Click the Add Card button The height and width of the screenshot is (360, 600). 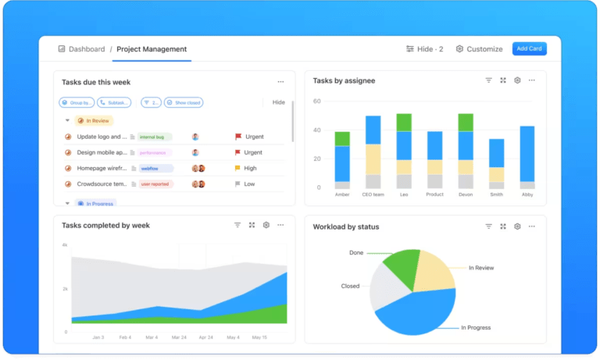click(529, 48)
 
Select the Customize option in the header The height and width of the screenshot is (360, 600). click(479, 49)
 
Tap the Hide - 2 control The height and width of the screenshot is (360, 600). click(424, 49)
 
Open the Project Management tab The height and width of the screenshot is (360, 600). click(152, 49)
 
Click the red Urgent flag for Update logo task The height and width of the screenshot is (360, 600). click(238, 137)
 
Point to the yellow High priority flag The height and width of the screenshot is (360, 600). click(238, 168)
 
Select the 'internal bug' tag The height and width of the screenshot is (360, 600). click(155, 137)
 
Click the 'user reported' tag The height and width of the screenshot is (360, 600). click(155, 184)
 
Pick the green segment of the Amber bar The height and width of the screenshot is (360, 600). click(342, 139)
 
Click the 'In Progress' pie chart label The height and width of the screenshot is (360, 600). click(476, 328)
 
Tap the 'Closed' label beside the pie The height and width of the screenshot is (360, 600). click(350, 287)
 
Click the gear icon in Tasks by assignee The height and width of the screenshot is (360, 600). click(517, 80)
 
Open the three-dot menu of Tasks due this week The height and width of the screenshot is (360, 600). click(280, 81)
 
